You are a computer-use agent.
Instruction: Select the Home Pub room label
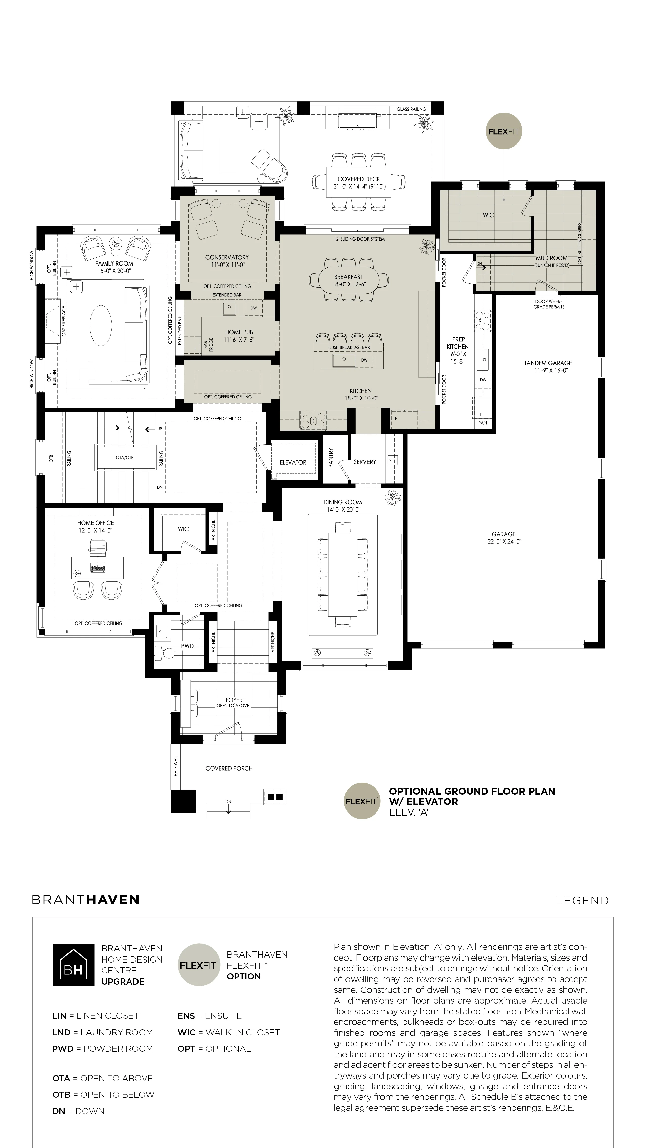click(239, 332)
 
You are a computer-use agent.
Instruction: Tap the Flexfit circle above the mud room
click(503, 131)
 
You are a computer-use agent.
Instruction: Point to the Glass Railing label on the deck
click(411, 109)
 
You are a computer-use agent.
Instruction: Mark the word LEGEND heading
click(582, 901)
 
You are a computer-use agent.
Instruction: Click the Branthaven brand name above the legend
click(86, 900)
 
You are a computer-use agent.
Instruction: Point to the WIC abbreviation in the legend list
click(186, 1032)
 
